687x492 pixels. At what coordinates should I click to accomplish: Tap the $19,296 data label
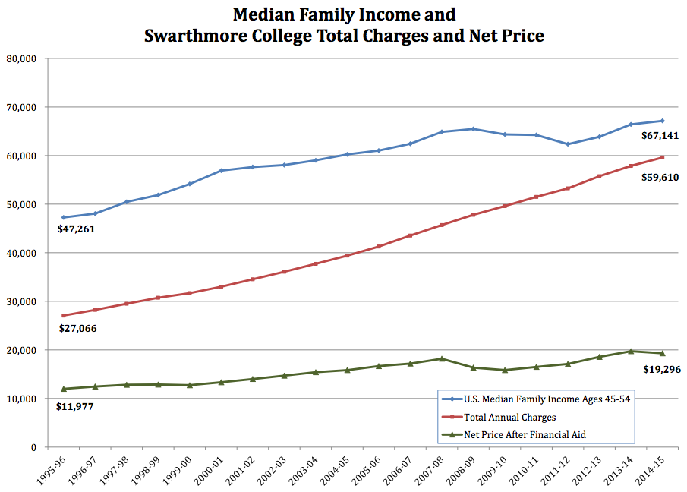[x=660, y=370]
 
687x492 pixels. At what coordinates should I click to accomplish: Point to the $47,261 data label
[x=77, y=228]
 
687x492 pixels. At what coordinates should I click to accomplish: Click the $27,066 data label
[x=77, y=329]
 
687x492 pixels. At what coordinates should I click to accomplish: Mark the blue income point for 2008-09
[x=473, y=129]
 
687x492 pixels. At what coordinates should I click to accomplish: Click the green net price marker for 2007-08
[x=441, y=358]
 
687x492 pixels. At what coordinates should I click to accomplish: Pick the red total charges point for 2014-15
[x=662, y=157]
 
